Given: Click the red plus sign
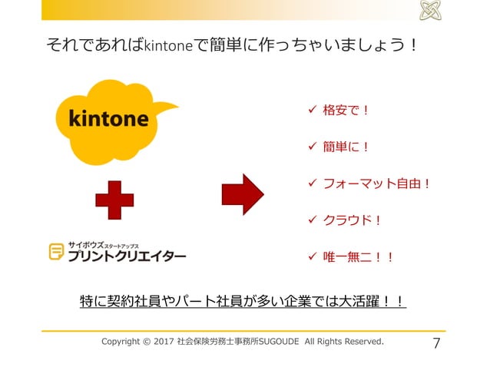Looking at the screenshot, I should [114, 199].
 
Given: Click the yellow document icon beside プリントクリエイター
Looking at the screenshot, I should [56, 251].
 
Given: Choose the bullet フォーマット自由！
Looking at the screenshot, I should [376, 183].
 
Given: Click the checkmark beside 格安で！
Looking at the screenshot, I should [311, 110].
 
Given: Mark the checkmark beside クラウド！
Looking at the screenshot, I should [311, 220].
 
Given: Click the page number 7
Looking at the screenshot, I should [436, 342].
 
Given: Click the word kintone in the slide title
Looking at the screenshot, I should [166, 45].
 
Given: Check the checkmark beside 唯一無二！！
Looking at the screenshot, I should [311, 257].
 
